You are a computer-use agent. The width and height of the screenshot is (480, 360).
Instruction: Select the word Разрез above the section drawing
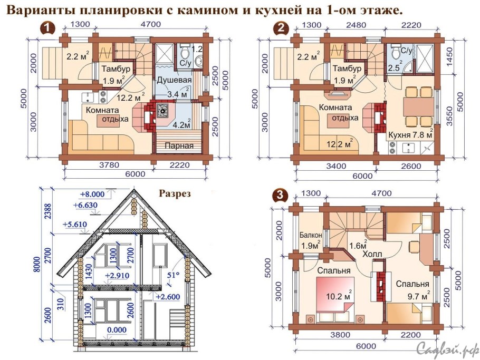click(175, 193)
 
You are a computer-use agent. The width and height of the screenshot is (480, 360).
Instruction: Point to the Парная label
click(177, 145)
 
